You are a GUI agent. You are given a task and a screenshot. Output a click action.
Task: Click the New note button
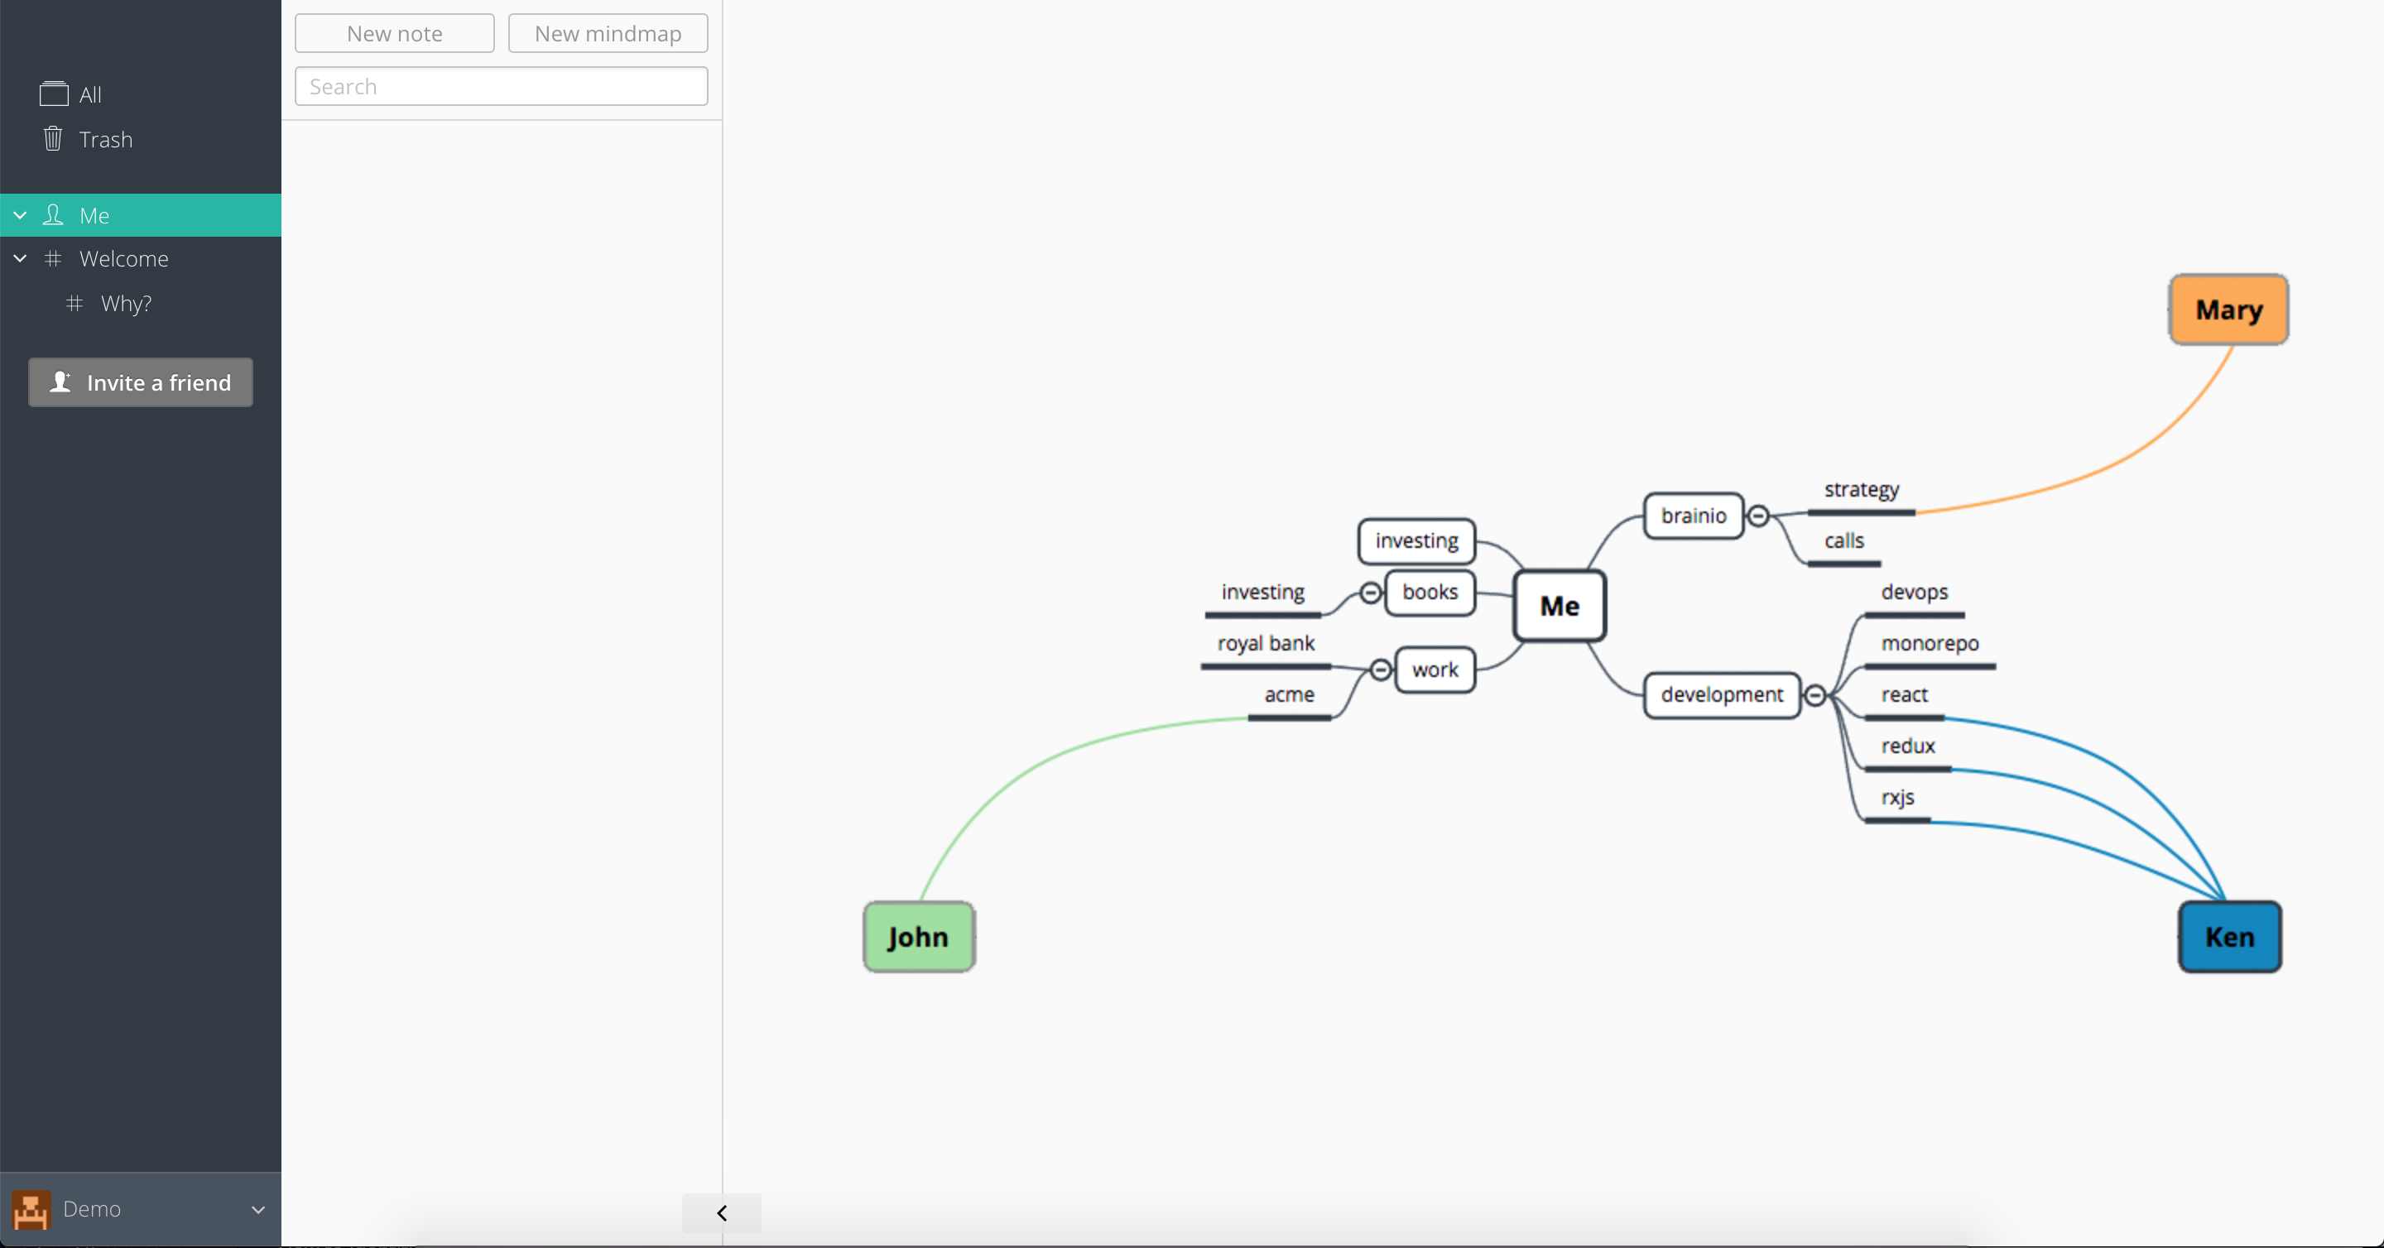pyautogui.click(x=394, y=33)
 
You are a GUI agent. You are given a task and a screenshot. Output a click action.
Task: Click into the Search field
pyautogui.click(x=501, y=86)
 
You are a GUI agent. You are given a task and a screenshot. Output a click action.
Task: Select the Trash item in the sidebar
pyautogui.click(x=105, y=140)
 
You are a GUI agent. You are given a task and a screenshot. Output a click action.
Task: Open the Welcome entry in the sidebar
pyautogui.click(x=124, y=259)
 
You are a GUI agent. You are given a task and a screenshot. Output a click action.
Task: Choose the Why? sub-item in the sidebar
pyautogui.click(x=126, y=304)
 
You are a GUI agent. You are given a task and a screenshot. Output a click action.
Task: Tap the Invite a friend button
pyautogui.click(x=141, y=382)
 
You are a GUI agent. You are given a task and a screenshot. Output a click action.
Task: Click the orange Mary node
pyautogui.click(x=2228, y=309)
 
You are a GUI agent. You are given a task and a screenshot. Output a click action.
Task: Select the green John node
pyautogui.click(x=918, y=936)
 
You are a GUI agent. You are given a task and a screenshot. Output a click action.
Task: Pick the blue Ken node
pyautogui.click(x=2229, y=936)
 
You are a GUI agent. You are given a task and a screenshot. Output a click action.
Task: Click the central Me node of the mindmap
pyautogui.click(x=1560, y=606)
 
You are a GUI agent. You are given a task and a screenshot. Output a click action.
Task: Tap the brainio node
pyautogui.click(x=1694, y=516)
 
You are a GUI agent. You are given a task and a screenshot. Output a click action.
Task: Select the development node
pyautogui.click(x=1722, y=695)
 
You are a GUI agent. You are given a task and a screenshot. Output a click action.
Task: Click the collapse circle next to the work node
pyautogui.click(x=1380, y=670)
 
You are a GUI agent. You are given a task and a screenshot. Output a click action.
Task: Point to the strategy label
pyautogui.click(x=1861, y=489)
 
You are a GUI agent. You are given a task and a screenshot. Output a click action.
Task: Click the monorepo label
pyautogui.click(x=1930, y=643)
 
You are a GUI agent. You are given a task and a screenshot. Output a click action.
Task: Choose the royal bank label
pyautogui.click(x=1265, y=643)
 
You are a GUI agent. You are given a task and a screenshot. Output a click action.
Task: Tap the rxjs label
pyautogui.click(x=1897, y=798)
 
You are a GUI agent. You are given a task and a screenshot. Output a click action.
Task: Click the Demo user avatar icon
pyautogui.click(x=31, y=1209)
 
